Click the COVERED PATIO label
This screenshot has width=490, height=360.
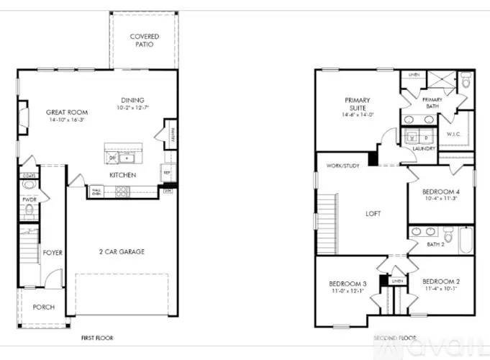(144, 40)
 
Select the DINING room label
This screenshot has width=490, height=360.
(132, 100)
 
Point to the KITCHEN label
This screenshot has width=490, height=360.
(123, 175)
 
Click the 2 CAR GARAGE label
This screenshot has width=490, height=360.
(122, 252)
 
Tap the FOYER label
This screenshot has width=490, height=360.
(53, 253)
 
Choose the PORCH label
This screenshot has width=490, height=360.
(44, 307)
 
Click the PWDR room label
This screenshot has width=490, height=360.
(30, 199)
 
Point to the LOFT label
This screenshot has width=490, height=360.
(373, 214)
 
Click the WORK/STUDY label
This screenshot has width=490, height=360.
(342, 166)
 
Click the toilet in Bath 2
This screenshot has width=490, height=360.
(448, 235)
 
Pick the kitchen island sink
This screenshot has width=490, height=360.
(127, 158)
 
